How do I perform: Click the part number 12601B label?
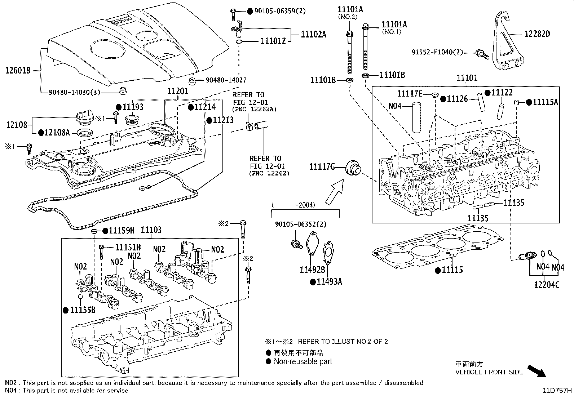(18, 71)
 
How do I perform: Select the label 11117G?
(322, 166)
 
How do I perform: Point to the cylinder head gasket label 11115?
(452, 270)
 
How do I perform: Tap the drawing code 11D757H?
(558, 390)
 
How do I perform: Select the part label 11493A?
(329, 281)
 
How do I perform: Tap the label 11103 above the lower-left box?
(151, 230)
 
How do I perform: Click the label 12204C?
(547, 285)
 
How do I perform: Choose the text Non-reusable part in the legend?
(303, 361)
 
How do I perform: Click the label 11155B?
(82, 310)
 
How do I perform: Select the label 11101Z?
(273, 41)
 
